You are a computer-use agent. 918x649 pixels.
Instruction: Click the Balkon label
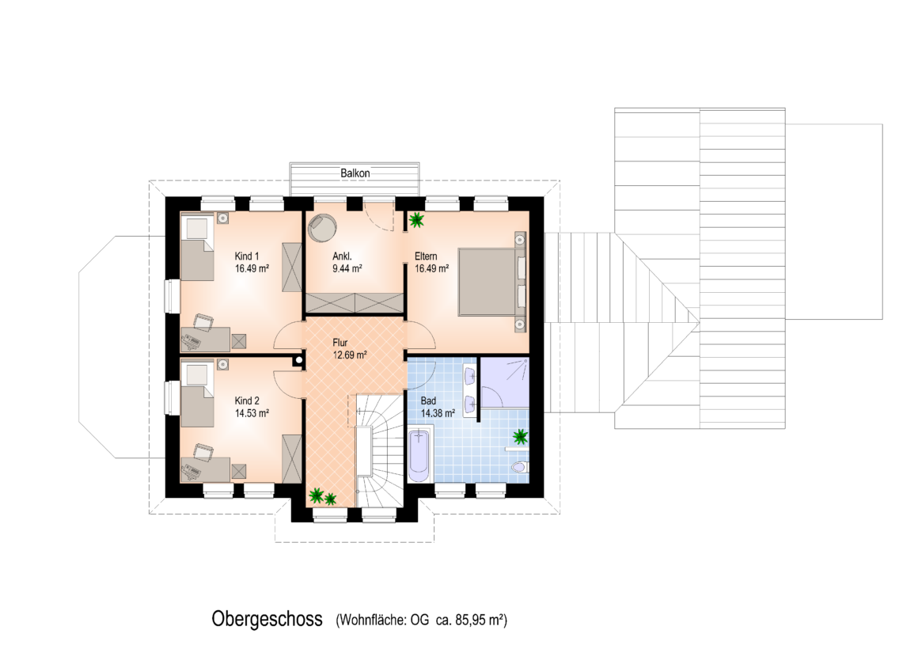point(355,173)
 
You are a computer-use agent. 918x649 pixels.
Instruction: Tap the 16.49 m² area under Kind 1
point(252,269)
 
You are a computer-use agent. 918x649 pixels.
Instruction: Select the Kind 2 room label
point(246,400)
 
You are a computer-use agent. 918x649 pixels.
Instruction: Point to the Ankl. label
point(342,256)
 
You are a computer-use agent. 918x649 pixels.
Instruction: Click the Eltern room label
point(426,256)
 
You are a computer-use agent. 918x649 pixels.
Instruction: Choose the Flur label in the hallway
point(340,343)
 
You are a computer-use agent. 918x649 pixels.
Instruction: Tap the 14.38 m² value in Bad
point(438,413)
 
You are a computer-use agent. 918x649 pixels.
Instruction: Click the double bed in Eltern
point(491,282)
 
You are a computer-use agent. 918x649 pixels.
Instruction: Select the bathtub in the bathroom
point(419,456)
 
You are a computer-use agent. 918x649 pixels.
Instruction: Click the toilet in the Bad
point(519,468)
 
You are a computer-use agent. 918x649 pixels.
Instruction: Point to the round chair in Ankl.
point(322,227)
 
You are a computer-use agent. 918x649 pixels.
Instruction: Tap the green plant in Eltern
point(417,220)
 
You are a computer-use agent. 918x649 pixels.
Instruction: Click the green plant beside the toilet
point(520,436)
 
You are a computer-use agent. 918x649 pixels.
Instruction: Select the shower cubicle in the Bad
point(504,382)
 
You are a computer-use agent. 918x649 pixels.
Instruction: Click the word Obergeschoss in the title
point(267,619)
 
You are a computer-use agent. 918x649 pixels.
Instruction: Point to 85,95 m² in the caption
point(480,620)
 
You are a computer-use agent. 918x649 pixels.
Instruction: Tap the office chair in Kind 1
point(203,321)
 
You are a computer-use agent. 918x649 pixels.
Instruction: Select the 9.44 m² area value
point(347,269)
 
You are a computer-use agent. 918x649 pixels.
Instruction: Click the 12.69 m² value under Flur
point(350,355)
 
